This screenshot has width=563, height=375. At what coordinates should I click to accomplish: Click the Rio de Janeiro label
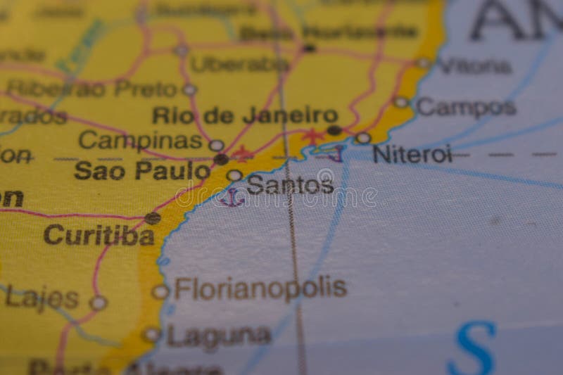245,115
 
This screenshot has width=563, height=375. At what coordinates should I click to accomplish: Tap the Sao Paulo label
142,170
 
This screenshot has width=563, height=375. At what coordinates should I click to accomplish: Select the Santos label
290,184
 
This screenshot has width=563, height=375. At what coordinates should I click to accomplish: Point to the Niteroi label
412,154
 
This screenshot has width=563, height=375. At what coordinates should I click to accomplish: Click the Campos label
466,108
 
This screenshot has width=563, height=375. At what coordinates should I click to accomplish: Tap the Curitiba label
99,234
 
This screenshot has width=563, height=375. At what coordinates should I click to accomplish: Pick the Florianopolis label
260,288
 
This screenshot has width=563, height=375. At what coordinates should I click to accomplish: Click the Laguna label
218,336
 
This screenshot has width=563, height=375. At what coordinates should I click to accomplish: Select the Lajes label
42,298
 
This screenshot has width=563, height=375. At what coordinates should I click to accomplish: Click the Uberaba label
239,64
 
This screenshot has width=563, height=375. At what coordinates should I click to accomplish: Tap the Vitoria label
474,66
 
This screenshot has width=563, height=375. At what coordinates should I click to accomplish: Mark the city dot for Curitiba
153,218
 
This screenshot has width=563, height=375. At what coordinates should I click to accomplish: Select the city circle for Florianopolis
160,291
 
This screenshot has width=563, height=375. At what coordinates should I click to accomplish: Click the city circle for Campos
401,103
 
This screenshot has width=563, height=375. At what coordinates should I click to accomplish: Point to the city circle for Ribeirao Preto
189,89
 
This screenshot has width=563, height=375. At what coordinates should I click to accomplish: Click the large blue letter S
472,347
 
